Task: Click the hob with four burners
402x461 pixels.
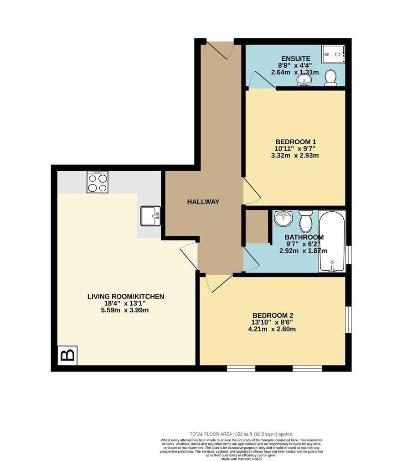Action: click(98, 182)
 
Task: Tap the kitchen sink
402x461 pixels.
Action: click(150, 216)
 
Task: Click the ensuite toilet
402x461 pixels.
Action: click(331, 78)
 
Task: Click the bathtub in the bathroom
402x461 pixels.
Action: click(332, 242)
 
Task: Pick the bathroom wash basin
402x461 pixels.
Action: click(283, 218)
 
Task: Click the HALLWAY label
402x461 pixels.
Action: click(203, 202)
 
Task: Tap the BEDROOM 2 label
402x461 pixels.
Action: click(273, 315)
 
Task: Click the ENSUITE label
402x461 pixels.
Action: click(296, 58)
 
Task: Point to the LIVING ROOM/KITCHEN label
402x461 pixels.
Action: click(125, 297)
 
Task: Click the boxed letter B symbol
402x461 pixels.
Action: click(68, 355)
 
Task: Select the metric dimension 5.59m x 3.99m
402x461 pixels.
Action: click(125, 310)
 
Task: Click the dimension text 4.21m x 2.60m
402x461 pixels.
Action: click(273, 329)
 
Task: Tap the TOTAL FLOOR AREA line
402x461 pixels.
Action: click(241, 434)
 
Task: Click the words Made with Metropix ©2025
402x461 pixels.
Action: click(242, 459)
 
